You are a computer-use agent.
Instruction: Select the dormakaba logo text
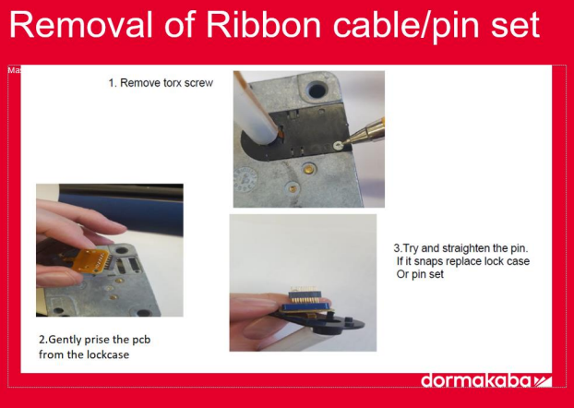click(x=475, y=380)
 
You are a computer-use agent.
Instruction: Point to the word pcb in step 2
click(x=141, y=340)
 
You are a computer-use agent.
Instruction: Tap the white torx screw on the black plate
click(x=337, y=146)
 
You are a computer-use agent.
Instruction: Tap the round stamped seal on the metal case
click(x=245, y=180)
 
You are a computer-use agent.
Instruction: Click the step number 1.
click(x=112, y=83)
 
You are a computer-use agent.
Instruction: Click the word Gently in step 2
click(x=65, y=340)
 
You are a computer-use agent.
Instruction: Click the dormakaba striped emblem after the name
click(x=543, y=381)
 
